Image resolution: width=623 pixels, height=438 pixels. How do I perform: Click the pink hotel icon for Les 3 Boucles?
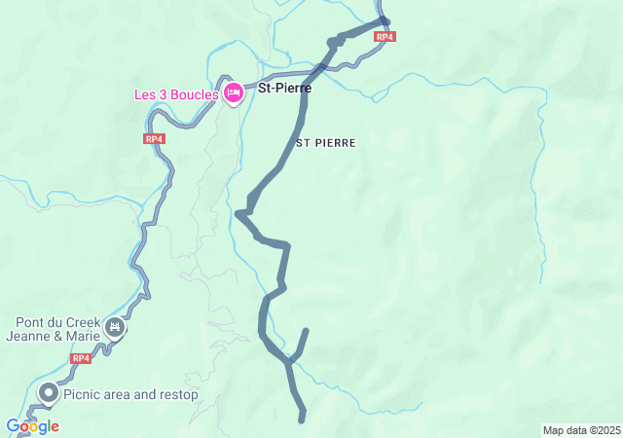(234, 93)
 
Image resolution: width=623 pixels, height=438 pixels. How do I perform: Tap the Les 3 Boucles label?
(176, 94)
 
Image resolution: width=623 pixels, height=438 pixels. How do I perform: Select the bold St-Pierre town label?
(284, 88)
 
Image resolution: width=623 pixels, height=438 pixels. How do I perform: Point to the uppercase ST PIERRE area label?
(326, 142)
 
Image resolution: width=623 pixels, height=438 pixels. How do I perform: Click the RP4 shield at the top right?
(385, 36)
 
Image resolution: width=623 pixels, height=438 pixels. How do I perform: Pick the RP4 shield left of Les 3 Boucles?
(154, 139)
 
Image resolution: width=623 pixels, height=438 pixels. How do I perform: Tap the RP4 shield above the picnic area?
(81, 358)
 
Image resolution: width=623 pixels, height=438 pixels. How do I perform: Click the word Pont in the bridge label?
(31, 323)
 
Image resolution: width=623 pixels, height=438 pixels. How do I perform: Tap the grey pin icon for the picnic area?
(48, 393)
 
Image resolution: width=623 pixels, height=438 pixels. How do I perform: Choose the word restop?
(176, 395)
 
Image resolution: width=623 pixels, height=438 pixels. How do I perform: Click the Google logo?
(32, 426)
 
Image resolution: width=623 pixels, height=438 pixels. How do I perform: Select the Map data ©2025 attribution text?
(581, 430)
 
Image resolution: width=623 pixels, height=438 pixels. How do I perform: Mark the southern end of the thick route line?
(303, 420)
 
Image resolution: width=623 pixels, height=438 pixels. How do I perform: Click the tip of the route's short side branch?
(306, 331)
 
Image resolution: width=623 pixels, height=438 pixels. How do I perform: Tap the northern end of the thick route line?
(385, 20)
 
